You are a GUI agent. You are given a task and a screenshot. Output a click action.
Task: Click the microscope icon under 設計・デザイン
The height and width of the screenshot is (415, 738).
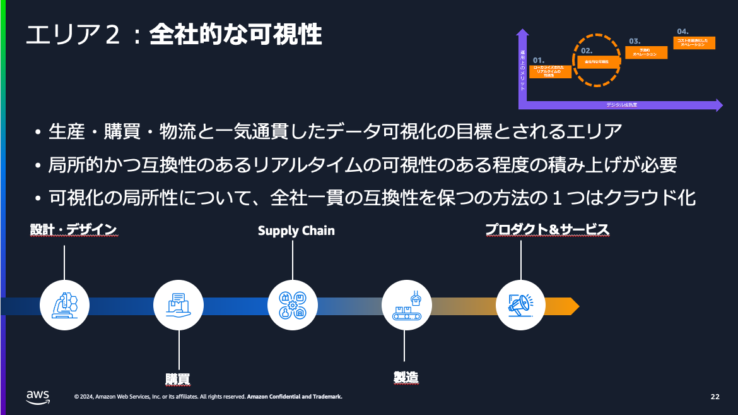64,305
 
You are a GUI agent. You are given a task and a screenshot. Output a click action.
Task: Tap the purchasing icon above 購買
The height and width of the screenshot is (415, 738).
179,305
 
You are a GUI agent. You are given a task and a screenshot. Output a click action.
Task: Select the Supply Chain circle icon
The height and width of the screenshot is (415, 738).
293,305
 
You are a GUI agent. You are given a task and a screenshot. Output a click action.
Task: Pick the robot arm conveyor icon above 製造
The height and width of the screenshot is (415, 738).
407,305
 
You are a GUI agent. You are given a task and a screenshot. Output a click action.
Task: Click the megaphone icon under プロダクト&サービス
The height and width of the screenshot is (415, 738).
520,305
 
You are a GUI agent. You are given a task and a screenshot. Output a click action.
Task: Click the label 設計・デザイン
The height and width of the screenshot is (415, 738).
74,229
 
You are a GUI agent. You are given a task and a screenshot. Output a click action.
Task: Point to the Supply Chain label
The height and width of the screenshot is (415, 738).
296,231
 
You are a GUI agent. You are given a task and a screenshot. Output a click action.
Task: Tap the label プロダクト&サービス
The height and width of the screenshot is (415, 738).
547,229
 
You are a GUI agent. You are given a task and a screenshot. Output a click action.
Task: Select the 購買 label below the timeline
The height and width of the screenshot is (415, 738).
178,378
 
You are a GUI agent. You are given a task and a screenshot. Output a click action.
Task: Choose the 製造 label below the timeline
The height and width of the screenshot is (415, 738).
406,377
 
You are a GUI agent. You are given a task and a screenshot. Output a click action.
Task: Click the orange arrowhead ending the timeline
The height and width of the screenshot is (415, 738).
572,306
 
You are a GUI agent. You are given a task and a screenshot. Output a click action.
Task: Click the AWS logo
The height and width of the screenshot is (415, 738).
38,395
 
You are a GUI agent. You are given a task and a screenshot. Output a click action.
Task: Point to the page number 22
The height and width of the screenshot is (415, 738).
715,397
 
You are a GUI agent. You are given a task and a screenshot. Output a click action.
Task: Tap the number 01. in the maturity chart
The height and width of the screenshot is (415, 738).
538,60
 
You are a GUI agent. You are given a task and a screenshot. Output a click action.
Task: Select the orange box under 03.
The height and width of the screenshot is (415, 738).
644,52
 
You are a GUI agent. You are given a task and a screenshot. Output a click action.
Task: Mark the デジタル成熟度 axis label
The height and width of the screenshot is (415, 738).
621,105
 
